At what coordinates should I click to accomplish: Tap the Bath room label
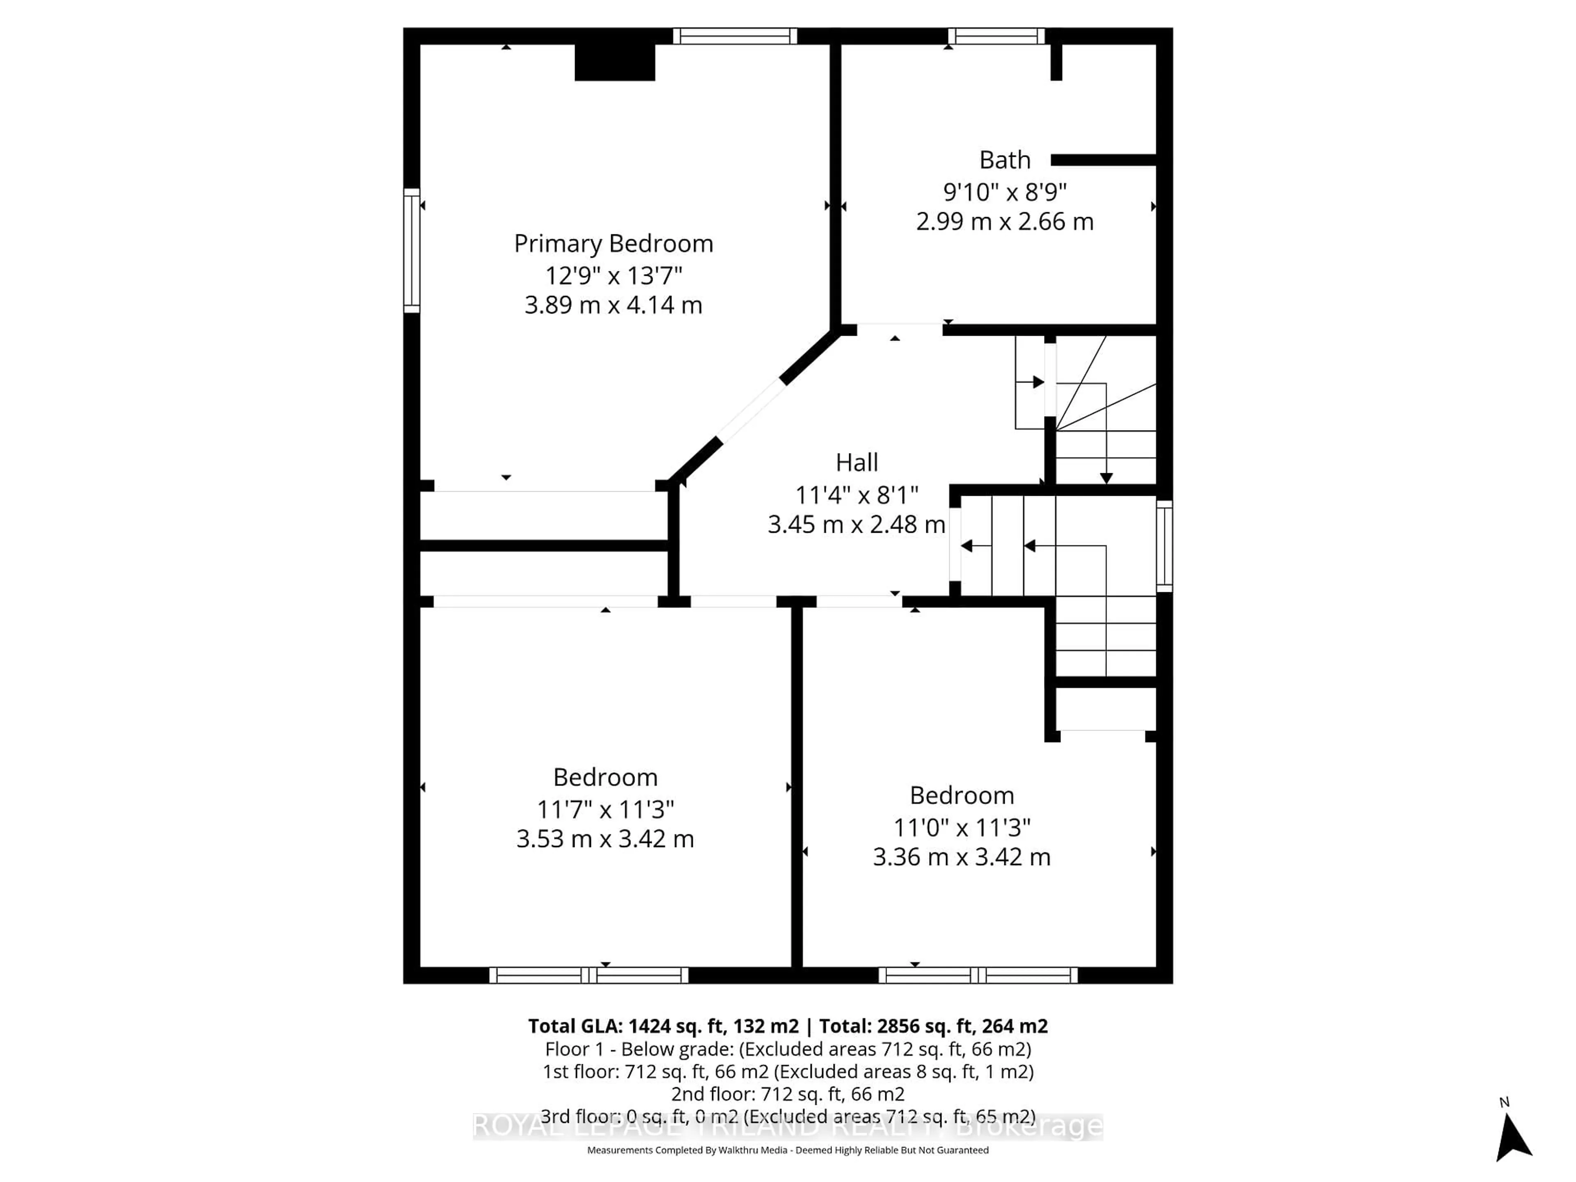click(x=1005, y=160)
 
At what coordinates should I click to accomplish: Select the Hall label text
click(x=857, y=463)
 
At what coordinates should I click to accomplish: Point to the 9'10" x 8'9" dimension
click(x=1005, y=192)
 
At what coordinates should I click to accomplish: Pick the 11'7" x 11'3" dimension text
click(x=605, y=809)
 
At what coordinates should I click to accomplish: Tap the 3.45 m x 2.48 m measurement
click(x=857, y=525)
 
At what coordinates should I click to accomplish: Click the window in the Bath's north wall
click(x=996, y=36)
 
